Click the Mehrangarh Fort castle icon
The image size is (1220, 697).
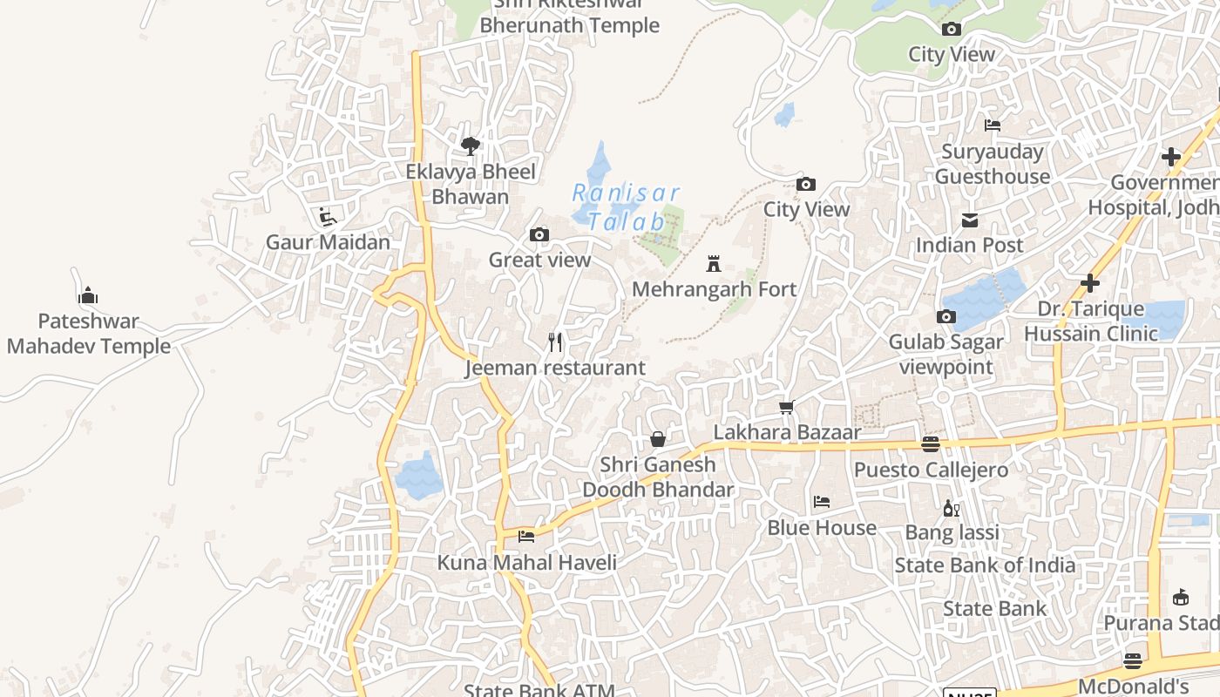714,263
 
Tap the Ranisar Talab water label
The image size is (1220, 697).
626,206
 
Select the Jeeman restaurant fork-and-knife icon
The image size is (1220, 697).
555,342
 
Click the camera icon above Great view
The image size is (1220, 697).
539,234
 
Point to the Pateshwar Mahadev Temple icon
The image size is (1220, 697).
88,296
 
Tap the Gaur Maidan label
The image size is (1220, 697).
328,242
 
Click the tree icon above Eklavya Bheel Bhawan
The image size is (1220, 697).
471,145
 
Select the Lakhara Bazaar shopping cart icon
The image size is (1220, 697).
787,407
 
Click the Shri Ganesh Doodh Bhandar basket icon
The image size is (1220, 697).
658,439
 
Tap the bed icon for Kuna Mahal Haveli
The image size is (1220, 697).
526,537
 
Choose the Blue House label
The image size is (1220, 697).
822,528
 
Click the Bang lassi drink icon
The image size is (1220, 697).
951,508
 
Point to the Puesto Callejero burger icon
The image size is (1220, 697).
931,444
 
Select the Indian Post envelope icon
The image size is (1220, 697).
969,220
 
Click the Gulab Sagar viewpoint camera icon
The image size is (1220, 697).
945,317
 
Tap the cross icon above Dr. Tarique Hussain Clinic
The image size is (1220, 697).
1089,284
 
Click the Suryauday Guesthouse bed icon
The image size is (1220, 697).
993,125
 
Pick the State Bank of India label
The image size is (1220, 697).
985,565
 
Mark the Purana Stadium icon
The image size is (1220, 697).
1181,598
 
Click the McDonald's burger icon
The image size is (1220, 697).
1133,660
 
